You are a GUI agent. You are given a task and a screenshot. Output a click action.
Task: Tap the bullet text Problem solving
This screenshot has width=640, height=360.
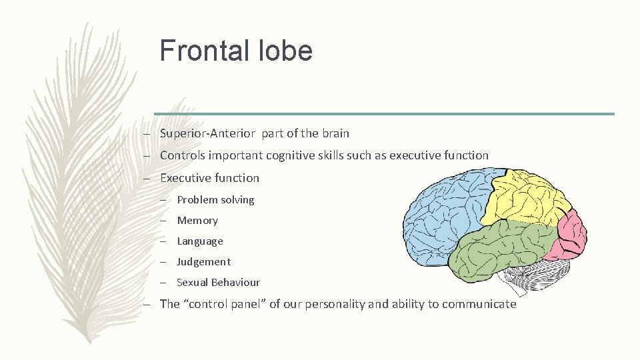(215, 199)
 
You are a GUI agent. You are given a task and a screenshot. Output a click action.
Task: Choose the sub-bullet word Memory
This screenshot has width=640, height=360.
(197, 220)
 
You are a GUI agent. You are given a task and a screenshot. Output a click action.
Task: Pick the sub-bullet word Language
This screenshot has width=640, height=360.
(200, 241)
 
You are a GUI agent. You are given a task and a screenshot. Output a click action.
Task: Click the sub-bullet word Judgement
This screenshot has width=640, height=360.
(203, 261)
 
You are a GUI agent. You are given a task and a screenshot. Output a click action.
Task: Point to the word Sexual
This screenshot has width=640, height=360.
(192, 282)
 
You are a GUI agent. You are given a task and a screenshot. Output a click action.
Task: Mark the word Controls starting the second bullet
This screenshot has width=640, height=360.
(182, 155)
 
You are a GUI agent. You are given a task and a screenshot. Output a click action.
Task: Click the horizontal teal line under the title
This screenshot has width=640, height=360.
(384, 114)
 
